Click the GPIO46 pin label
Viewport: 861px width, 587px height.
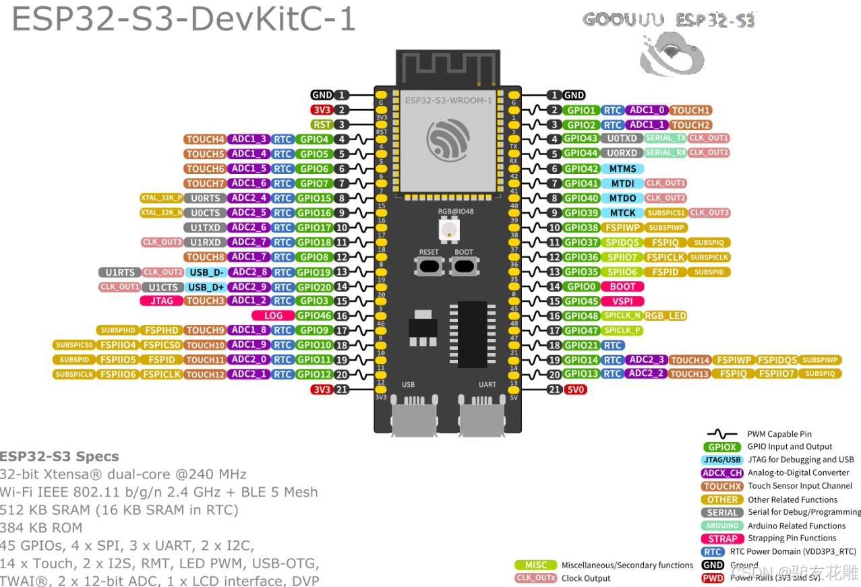point(314,315)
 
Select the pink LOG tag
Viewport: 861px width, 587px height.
point(273,315)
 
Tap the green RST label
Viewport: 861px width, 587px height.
point(322,125)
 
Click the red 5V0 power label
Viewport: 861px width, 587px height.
point(575,390)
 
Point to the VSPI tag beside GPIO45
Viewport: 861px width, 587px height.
point(622,301)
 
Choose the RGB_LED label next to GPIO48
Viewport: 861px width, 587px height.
point(665,315)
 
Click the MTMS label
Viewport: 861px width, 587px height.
point(622,168)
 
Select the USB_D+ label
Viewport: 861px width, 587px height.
point(206,286)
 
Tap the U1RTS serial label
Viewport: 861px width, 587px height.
point(120,272)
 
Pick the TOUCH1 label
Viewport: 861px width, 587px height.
point(691,110)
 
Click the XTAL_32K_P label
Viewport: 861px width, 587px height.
point(161,198)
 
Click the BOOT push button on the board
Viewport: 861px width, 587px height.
point(463,266)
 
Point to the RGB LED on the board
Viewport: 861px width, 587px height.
point(447,229)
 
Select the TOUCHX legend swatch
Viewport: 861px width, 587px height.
point(722,486)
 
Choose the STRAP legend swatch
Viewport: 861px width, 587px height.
point(722,538)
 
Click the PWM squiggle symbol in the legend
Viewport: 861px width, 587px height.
point(721,434)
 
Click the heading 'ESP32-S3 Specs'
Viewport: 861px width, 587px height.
point(59,456)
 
